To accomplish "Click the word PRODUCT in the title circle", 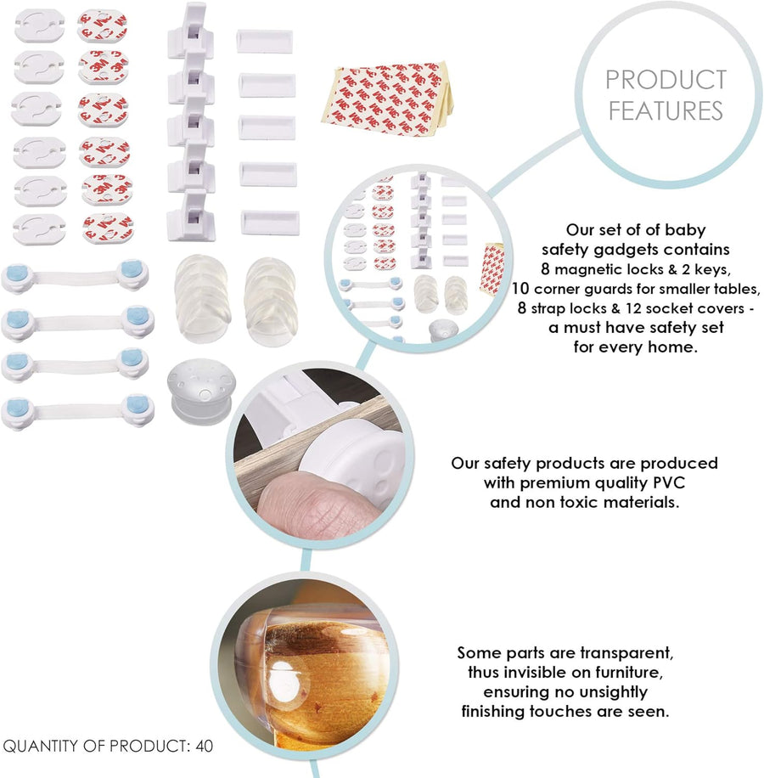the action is pos(666,79).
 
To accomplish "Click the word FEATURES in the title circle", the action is pos(666,110).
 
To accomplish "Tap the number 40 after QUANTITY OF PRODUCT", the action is pos(205,746).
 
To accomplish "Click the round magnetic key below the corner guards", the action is pos(201,391).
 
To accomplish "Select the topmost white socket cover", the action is pos(40,25).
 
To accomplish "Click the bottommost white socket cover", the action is pos(39,229).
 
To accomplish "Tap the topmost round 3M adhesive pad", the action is pos(102,26).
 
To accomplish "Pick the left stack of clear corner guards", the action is pos(202,299).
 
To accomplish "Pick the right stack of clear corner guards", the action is pos(271,301).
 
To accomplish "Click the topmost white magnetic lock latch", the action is pos(191,31).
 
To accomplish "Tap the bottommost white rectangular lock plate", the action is pos(270,223).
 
